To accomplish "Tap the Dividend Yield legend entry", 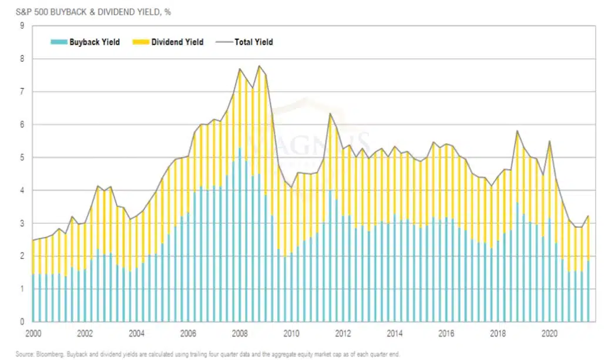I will (x=169, y=42).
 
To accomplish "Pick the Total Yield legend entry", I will (x=245, y=42).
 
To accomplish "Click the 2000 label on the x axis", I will (x=33, y=334).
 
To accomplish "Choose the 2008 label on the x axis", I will (x=240, y=334).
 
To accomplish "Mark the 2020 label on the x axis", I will (x=549, y=334).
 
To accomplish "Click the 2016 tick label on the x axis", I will (x=446, y=334).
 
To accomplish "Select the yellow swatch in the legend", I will (x=140, y=42).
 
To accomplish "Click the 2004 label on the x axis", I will (x=136, y=334).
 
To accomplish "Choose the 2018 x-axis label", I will (x=498, y=334).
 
